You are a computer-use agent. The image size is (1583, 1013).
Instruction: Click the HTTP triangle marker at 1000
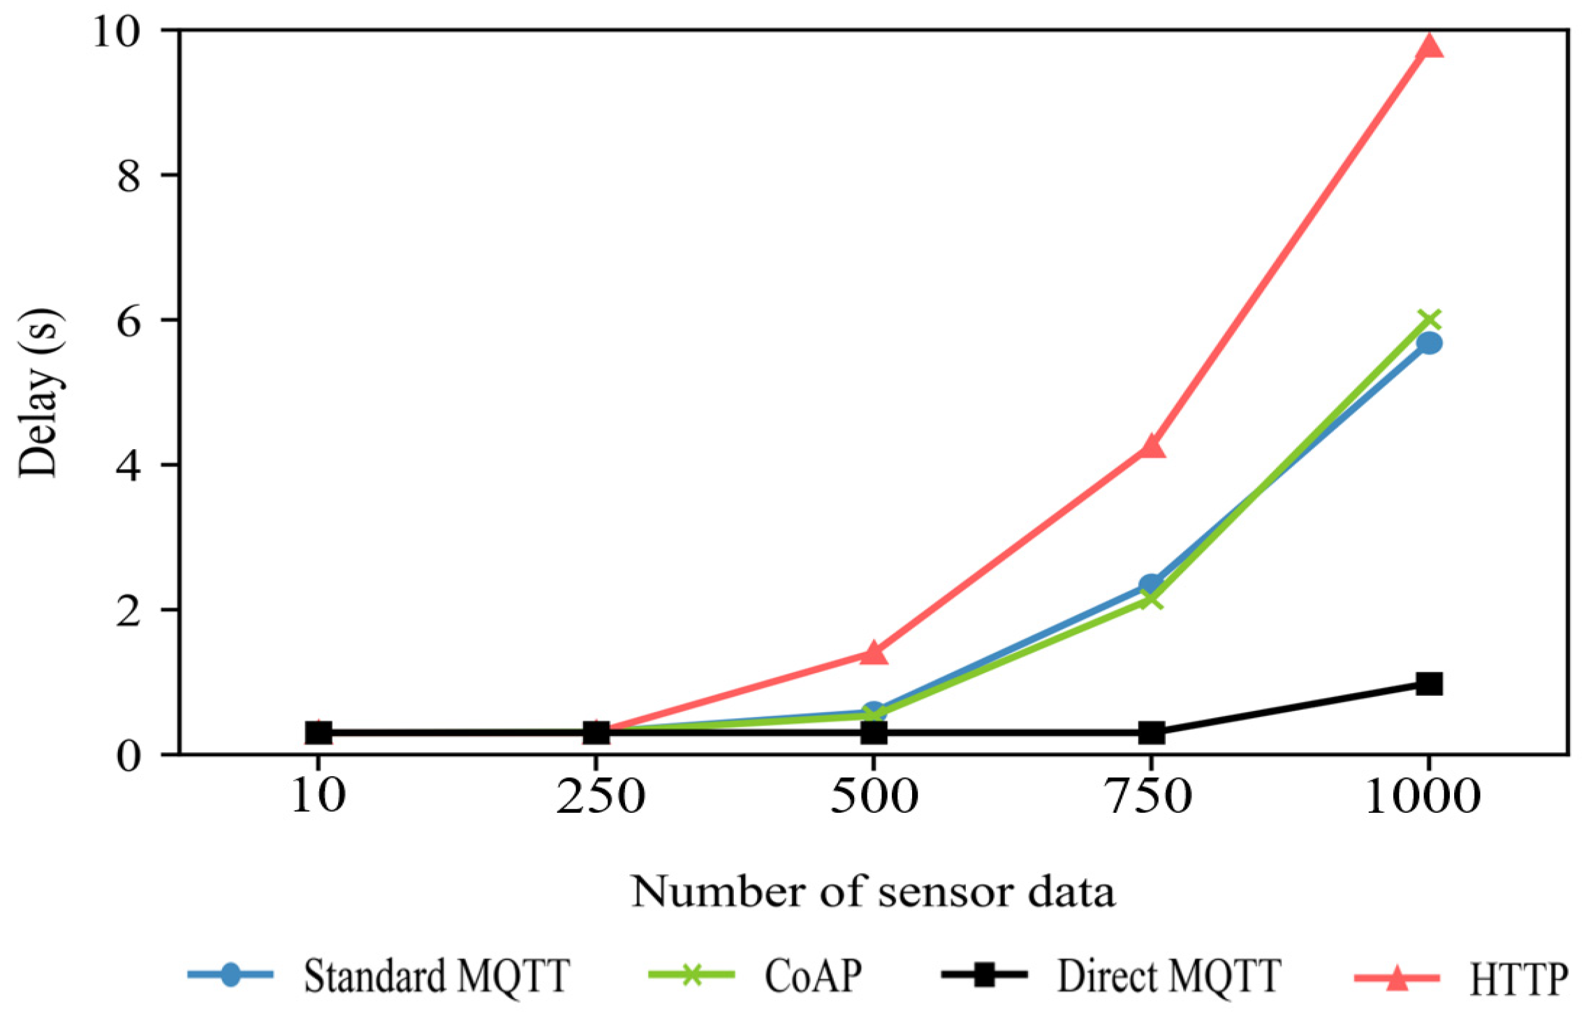[x=1429, y=48]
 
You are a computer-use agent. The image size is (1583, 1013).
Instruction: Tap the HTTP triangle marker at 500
[x=874, y=653]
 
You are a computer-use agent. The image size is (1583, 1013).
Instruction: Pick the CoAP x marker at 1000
[x=1429, y=320]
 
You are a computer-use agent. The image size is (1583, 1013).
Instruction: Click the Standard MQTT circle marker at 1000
[x=1429, y=343]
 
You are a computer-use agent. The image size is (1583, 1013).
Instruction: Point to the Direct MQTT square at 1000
[x=1429, y=683]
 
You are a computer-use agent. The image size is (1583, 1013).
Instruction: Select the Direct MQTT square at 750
[x=1151, y=732]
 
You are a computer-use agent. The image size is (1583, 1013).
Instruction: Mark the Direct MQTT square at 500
[x=874, y=732]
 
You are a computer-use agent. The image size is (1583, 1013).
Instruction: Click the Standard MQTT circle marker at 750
[x=1151, y=584]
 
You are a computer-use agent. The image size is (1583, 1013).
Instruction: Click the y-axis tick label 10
[x=117, y=31]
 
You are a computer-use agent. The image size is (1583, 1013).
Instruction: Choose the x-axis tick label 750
[x=1151, y=798]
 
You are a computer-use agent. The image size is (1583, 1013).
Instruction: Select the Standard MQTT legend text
[x=437, y=976]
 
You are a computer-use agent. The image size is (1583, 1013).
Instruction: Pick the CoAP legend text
[x=813, y=976]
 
